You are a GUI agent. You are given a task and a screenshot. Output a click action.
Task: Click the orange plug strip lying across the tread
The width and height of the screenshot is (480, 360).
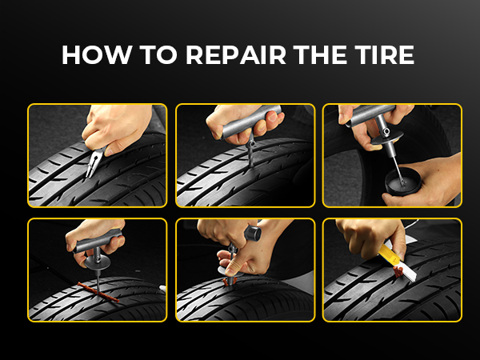(98, 292)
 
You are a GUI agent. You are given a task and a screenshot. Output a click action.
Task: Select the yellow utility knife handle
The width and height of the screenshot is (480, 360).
(388, 254)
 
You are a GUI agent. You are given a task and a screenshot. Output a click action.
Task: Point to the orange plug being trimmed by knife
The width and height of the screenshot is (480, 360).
(398, 271)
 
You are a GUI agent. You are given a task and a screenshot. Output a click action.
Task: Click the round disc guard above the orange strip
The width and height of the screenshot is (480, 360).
(98, 262)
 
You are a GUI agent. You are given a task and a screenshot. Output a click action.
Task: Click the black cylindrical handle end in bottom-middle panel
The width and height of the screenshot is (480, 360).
(253, 233)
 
